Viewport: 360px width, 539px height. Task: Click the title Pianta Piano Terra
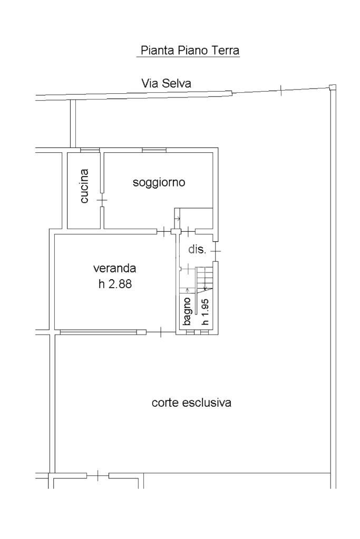(190, 51)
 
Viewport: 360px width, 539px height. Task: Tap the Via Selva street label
(166, 83)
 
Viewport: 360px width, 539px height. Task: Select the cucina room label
(84, 185)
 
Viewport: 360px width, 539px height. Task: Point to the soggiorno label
(159, 182)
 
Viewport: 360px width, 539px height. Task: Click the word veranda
(114, 268)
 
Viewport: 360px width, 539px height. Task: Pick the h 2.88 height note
(115, 284)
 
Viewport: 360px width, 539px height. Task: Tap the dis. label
(197, 249)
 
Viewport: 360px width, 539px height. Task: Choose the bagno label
(187, 311)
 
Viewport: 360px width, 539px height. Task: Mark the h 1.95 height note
(205, 312)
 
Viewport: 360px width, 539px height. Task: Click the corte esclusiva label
(191, 403)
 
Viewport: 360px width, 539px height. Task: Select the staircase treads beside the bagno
(205, 279)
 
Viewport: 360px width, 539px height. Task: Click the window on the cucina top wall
(90, 150)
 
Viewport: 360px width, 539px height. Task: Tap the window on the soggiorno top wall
(154, 150)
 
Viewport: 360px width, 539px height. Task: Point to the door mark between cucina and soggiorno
(102, 200)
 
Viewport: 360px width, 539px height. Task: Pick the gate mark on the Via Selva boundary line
(281, 90)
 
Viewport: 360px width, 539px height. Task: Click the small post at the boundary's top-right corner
(332, 87)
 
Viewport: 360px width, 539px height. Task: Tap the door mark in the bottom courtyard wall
(98, 476)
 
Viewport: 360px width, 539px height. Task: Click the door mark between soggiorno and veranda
(164, 231)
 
